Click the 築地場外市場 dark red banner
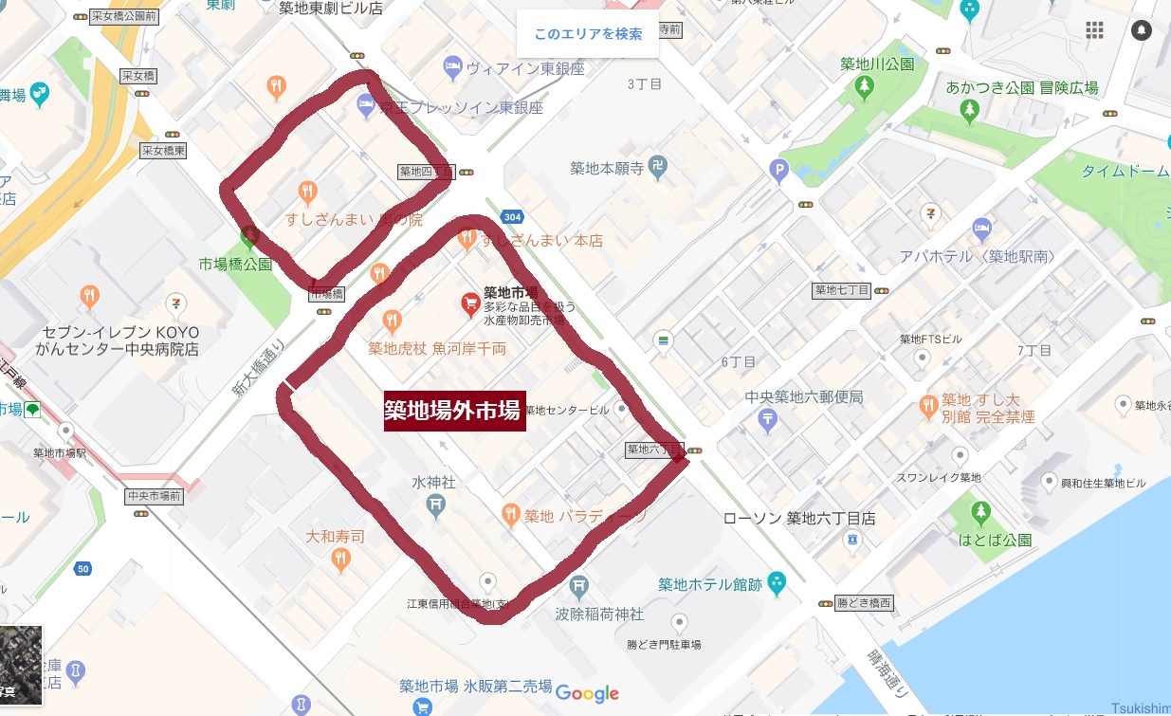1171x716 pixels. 454,411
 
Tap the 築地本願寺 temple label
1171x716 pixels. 607,169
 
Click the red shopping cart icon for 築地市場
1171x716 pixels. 469,303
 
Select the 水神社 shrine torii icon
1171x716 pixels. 435,506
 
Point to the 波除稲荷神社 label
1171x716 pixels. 599,615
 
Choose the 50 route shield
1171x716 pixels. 83,569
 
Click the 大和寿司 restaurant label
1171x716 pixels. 335,537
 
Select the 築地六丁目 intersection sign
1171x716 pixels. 654,449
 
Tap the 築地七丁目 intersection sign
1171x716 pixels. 842,290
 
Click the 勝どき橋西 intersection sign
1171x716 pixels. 863,602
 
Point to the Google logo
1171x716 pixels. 587,694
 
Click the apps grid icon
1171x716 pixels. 1095,30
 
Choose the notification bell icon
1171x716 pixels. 1143,30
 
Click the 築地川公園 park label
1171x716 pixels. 877,64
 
